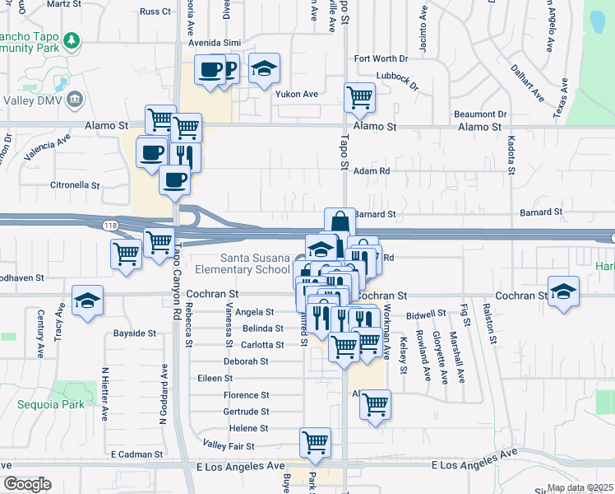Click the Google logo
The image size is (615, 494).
(x=27, y=484)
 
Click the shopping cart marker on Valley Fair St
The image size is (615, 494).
(x=315, y=443)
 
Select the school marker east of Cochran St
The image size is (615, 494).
(x=563, y=291)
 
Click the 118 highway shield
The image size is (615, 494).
(x=109, y=225)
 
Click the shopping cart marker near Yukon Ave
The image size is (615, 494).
(x=359, y=97)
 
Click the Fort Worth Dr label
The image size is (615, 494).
(x=381, y=58)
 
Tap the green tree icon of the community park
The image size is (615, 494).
(x=73, y=40)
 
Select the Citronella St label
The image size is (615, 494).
(x=75, y=186)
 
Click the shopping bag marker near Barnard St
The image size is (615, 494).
(x=340, y=222)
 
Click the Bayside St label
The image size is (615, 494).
(x=134, y=333)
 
